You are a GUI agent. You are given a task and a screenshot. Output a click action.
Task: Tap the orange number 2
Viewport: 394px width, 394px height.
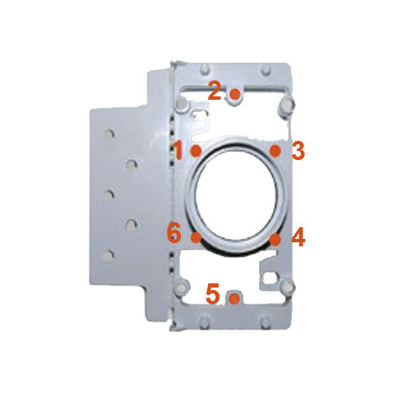click(215, 91)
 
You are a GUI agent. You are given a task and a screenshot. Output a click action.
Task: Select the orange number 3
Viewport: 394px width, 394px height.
click(298, 151)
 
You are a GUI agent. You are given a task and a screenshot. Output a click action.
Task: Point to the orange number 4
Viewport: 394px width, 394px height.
click(298, 237)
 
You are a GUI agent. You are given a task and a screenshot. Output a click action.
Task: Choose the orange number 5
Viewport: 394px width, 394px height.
click(212, 293)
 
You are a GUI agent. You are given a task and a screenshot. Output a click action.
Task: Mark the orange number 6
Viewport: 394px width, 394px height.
click(174, 233)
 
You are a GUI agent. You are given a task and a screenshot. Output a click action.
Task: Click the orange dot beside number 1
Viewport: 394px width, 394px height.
click(195, 151)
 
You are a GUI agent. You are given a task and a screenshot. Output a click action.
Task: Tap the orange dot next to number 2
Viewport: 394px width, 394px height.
click(235, 94)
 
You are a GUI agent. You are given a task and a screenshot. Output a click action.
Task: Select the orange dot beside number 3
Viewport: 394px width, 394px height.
click(275, 151)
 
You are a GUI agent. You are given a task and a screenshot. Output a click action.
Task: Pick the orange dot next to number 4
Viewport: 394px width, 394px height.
click(276, 239)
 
